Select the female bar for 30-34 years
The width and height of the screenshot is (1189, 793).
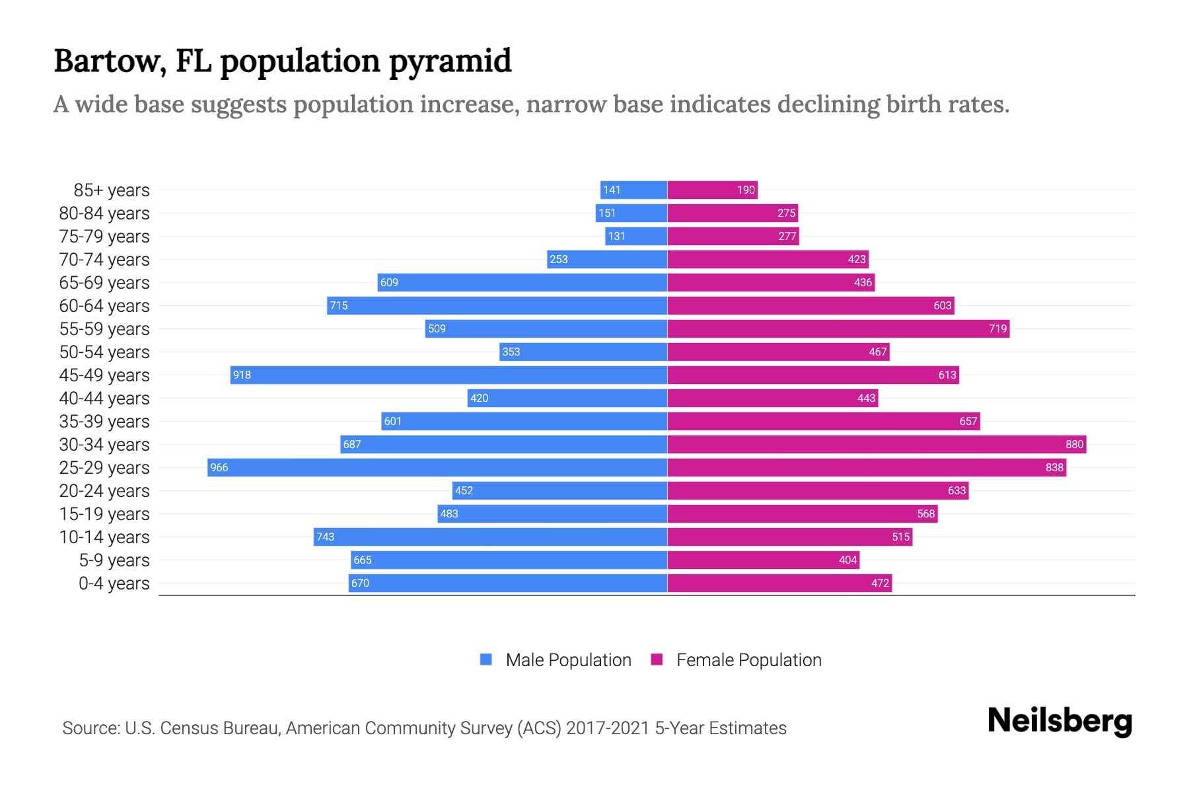[x=877, y=445]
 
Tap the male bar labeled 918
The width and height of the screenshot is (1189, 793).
[x=449, y=375]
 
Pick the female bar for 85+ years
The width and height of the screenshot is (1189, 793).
[x=712, y=190]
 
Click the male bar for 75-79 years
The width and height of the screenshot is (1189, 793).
[x=636, y=237]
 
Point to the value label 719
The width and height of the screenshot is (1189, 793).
[x=997, y=329]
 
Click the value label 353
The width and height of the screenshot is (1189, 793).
[x=511, y=352]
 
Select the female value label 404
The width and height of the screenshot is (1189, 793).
[x=847, y=560]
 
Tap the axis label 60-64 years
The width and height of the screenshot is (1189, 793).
[x=104, y=306]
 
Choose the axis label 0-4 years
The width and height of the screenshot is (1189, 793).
[x=114, y=584]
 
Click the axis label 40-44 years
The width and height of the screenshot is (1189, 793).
[x=104, y=398]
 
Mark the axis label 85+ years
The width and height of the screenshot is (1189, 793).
[x=112, y=190]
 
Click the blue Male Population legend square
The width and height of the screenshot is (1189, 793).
[x=486, y=660]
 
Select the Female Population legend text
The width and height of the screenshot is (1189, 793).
[x=748, y=660]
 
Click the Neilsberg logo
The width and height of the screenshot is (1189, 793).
[x=1060, y=721]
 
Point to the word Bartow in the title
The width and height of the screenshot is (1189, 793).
[x=109, y=61]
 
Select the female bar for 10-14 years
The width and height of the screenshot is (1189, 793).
[x=789, y=537]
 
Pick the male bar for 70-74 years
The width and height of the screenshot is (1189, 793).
[x=607, y=260]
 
